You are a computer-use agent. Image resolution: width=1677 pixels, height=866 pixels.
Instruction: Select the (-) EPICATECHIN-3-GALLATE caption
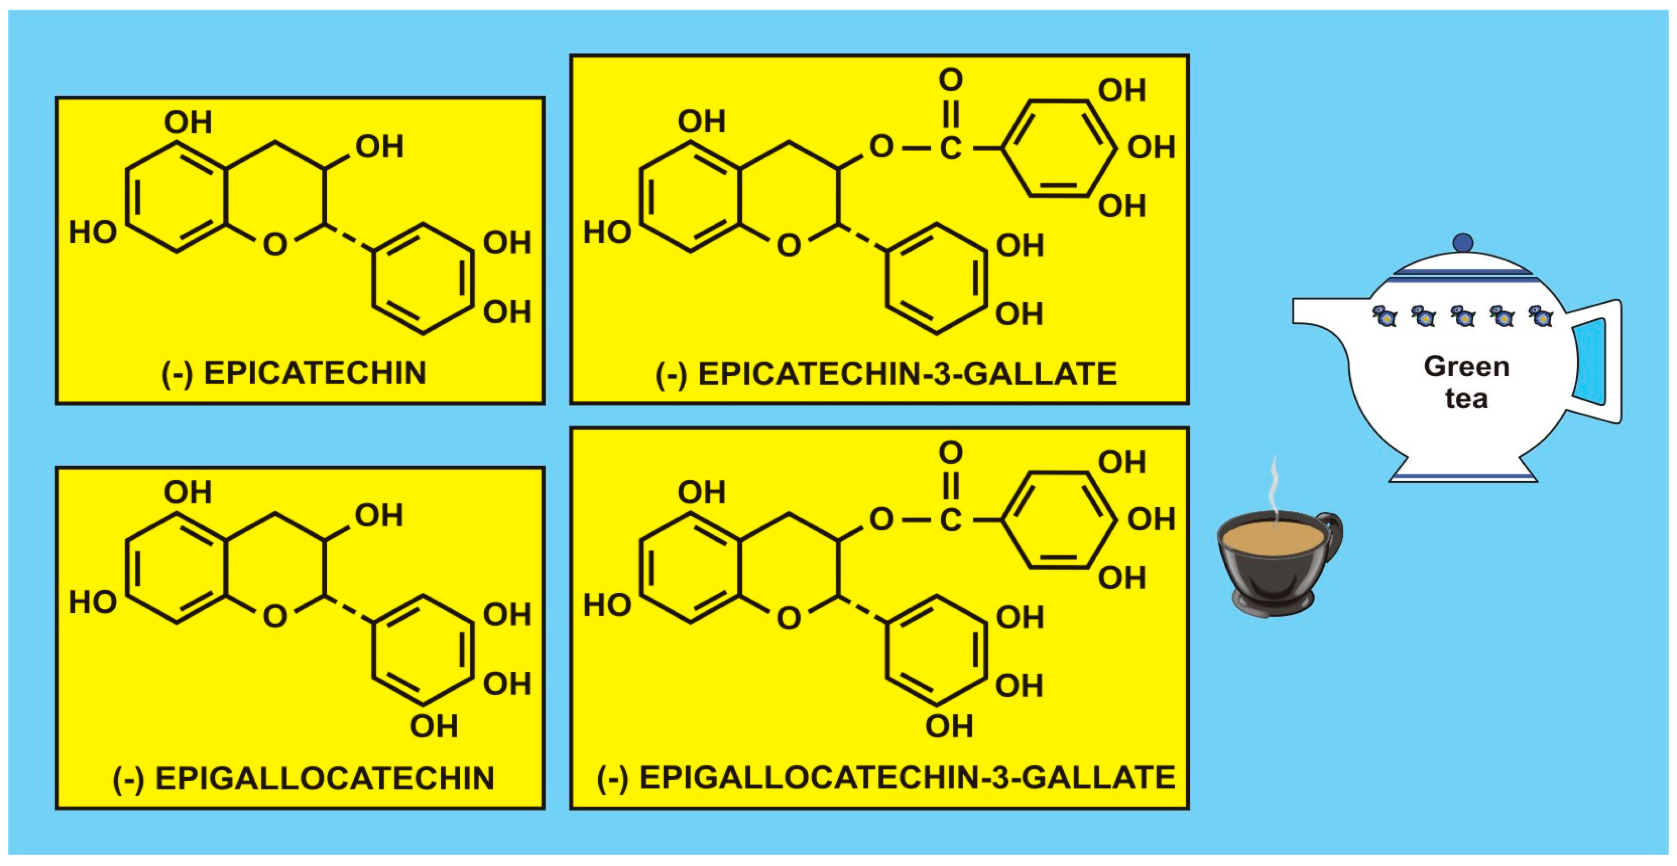[x=886, y=374]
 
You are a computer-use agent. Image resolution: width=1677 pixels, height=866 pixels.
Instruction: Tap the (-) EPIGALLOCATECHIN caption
[x=304, y=779]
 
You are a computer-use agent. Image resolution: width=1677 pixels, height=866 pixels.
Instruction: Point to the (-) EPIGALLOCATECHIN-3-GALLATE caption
[x=886, y=778]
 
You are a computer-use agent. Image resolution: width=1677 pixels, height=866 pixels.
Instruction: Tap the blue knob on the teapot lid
[x=1463, y=244]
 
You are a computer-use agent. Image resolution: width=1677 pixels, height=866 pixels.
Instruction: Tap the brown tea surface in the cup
[x=1272, y=538]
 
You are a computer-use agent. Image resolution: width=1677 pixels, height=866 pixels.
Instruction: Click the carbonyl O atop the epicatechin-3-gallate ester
[x=950, y=80]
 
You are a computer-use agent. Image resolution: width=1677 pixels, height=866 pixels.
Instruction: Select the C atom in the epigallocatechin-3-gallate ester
[x=950, y=519]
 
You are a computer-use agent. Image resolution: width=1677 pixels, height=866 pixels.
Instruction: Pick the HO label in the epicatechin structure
[x=93, y=233]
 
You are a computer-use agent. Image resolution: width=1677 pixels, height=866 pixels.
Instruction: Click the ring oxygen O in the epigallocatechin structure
[x=275, y=616]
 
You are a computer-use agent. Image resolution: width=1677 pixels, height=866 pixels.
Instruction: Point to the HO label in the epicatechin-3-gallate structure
[x=607, y=233]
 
